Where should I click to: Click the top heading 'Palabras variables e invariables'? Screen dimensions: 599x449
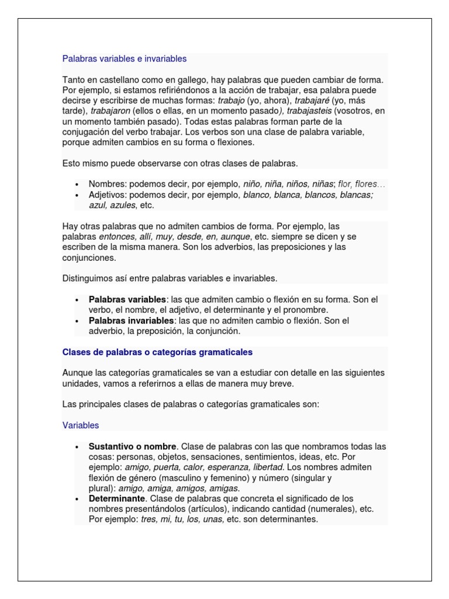(x=125, y=58)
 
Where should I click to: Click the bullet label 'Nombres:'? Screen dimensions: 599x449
(x=106, y=184)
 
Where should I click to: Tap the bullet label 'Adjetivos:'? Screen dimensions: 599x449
(x=108, y=195)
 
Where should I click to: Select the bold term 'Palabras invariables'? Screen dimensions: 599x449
(x=131, y=321)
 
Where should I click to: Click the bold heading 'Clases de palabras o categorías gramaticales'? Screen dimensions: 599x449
(x=157, y=352)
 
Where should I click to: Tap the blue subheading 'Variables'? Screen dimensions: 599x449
(x=81, y=425)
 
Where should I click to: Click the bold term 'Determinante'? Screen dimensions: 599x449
(x=116, y=498)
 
